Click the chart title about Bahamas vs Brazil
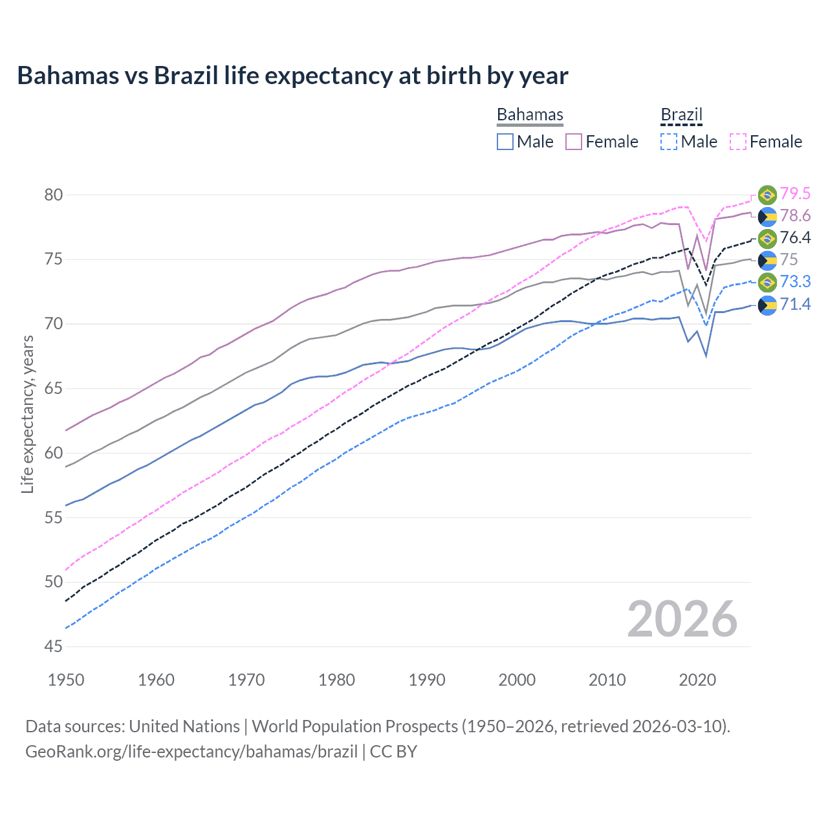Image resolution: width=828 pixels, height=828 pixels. click(x=292, y=76)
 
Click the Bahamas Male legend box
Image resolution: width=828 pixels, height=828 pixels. click(x=505, y=142)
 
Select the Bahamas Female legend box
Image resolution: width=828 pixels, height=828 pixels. click(x=574, y=142)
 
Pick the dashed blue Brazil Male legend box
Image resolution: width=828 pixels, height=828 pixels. click(x=669, y=142)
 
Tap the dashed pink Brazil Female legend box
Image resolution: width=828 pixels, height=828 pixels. click(x=737, y=142)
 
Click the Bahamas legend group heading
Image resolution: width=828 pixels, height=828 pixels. click(x=530, y=114)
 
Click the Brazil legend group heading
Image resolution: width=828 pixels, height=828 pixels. click(x=681, y=114)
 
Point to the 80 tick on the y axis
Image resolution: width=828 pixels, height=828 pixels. click(x=54, y=195)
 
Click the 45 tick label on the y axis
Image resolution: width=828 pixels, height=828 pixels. click(x=54, y=646)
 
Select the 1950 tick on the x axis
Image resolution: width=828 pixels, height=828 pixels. click(x=66, y=680)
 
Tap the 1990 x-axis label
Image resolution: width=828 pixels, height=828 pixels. click(x=427, y=680)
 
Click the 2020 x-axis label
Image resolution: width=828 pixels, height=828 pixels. click(x=697, y=680)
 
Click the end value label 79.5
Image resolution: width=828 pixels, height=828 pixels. click(x=795, y=194)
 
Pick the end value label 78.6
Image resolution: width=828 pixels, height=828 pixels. click(x=795, y=216)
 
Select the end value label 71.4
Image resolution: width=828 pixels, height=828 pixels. click(x=795, y=304)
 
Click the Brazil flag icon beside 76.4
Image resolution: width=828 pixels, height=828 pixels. click(x=767, y=238)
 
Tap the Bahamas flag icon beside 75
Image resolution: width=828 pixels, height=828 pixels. click(x=767, y=260)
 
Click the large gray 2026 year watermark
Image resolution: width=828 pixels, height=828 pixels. click(x=682, y=620)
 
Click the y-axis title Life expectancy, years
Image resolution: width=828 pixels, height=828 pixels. click(x=27, y=414)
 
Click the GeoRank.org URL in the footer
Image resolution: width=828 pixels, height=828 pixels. click(x=191, y=752)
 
